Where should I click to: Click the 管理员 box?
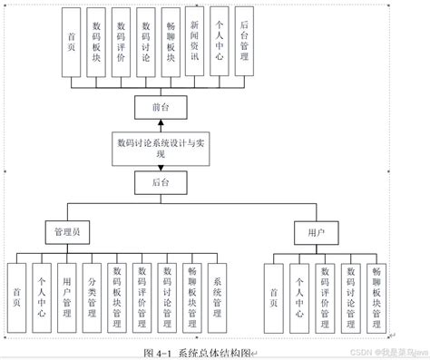click(68, 232)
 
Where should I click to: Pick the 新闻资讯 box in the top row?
click(193, 40)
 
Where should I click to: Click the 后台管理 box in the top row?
click(242, 40)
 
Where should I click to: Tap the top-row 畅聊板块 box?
click(170, 41)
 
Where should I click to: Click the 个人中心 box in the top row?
click(218, 40)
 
